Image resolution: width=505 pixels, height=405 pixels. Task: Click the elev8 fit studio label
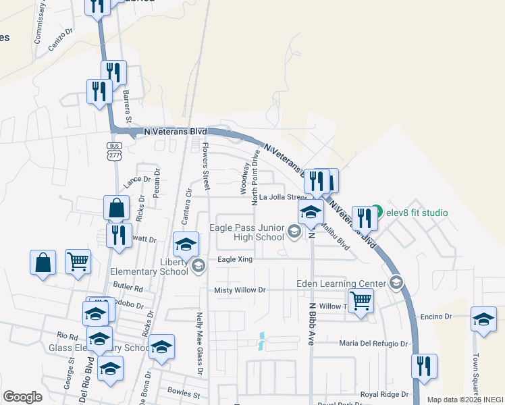(417, 213)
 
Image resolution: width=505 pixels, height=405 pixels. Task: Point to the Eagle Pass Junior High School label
(246, 233)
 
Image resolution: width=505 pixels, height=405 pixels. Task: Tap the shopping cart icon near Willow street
(361, 301)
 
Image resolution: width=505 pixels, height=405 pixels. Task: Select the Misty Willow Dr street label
(240, 290)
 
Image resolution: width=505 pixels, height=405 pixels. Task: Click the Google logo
(22, 397)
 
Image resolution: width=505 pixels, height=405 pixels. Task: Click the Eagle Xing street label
(235, 259)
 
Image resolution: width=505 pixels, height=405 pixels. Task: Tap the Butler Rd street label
(129, 288)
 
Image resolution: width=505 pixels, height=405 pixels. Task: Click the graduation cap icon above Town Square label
(483, 319)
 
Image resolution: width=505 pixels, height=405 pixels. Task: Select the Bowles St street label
(184, 392)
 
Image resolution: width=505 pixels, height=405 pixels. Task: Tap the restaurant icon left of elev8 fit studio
(363, 218)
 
